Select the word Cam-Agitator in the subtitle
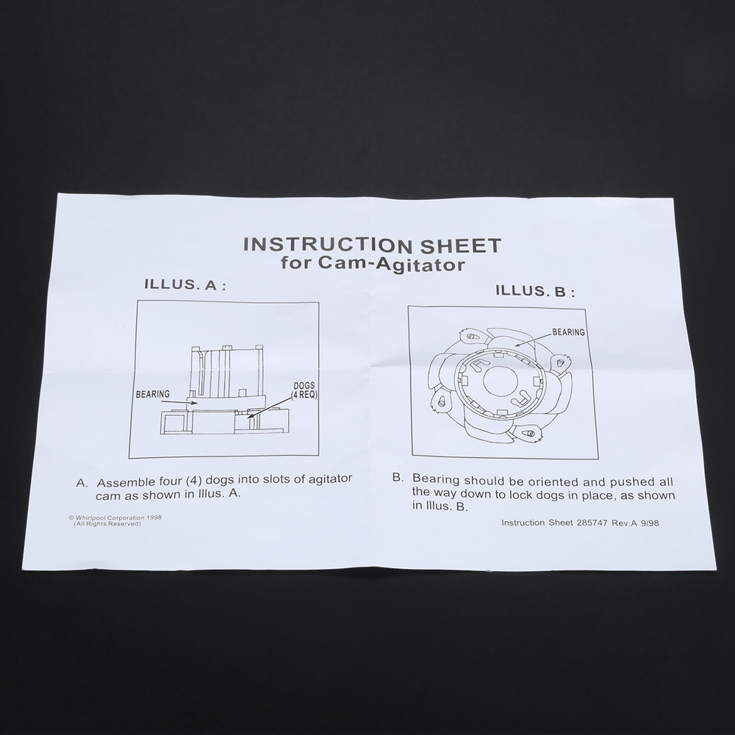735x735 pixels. (x=392, y=264)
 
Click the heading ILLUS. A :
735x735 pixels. (x=186, y=284)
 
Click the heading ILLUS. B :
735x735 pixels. (x=535, y=291)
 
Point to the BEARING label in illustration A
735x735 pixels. (x=153, y=394)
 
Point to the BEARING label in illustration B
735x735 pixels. (x=569, y=332)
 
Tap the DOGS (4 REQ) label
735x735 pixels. (x=304, y=390)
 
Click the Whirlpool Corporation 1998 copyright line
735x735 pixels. (x=115, y=517)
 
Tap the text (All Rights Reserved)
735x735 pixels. (x=107, y=523)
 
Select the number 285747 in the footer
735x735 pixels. (x=592, y=523)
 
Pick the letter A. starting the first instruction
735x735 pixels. (x=82, y=483)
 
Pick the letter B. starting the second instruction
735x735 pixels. (x=398, y=478)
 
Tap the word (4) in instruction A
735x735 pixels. (x=194, y=481)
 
